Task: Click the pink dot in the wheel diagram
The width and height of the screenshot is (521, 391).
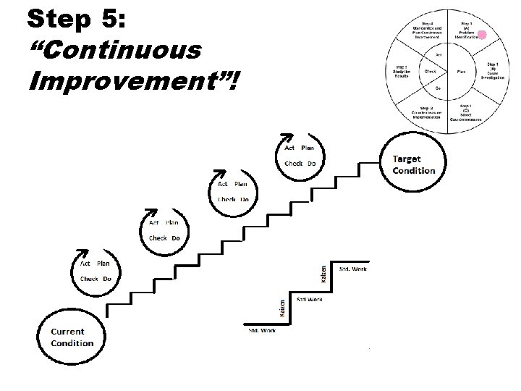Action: point(483,34)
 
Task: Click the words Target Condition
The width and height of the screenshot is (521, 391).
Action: point(414,164)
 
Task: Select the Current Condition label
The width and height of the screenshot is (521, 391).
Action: point(72,337)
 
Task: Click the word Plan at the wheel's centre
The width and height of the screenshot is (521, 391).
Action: point(460,72)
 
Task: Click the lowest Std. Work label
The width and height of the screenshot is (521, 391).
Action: point(262,331)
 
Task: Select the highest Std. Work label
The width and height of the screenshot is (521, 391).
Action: point(353,269)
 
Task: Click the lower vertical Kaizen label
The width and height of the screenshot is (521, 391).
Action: point(282,307)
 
